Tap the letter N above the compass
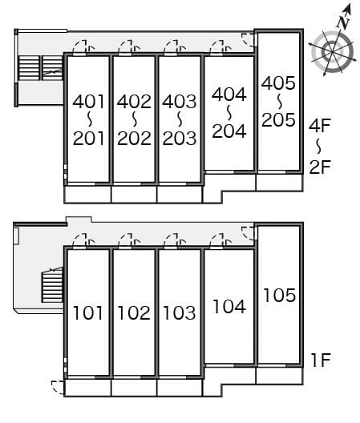click(343, 22)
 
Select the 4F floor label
click(319, 124)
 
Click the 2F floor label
click(319, 167)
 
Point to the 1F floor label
click(320, 360)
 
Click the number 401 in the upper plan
click(88, 102)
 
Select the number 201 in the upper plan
click(88, 138)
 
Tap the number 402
click(134, 102)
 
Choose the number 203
click(179, 138)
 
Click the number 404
click(229, 94)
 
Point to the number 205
click(278, 119)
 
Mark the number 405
click(278, 83)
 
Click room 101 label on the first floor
click(88, 312)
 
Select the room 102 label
click(134, 312)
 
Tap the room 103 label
click(179, 312)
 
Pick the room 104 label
click(229, 305)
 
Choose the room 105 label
click(278, 296)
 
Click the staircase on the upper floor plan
click(41, 67)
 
